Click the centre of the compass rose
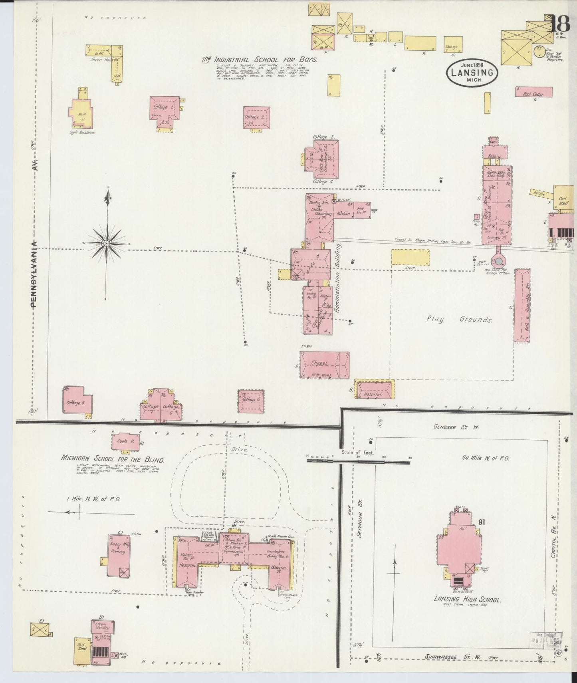pyautogui.click(x=107, y=243)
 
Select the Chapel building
pyautogui.click(x=324, y=364)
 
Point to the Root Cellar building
pyautogui.click(x=534, y=92)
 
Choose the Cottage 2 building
pyautogui.click(x=256, y=117)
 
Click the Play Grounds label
pyautogui.click(x=459, y=320)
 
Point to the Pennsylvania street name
pyautogui.click(x=35, y=274)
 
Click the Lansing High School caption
pyautogui.click(x=467, y=600)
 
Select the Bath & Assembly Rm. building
pyautogui.click(x=522, y=306)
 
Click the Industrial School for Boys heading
pyautogui.click(x=260, y=60)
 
